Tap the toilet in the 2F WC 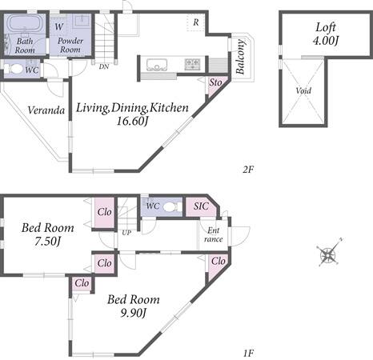click(x=14, y=70)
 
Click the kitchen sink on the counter click(x=157, y=65)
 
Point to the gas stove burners click(x=192, y=64)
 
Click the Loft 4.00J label click(x=326, y=34)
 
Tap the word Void click(x=303, y=90)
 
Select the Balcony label click(x=240, y=57)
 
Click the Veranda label click(x=46, y=110)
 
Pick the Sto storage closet click(x=216, y=86)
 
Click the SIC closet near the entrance click(x=202, y=206)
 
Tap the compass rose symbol click(x=328, y=253)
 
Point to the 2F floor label click(x=248, y=169)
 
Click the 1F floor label click(x=248, y=353)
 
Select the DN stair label click(x=104, y=66)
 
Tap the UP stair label click(x=126, y=233)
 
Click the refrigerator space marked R click(x=196, y=22)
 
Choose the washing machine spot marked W click(x=59, y=26)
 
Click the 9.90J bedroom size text click(x=134, y=313)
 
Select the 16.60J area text click(x=133, y=121)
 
